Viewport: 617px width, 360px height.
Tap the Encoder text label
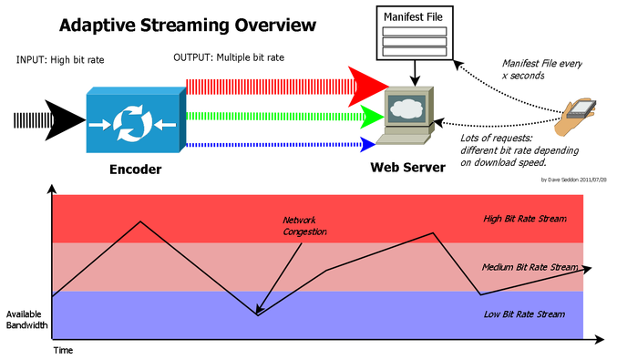coord(136,169)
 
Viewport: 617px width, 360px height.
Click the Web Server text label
coord(407,168)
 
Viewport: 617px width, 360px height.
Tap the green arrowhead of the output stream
coord(370,116)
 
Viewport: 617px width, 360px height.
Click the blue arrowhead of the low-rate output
coord(367,143)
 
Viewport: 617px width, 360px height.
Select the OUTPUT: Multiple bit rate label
coord(229,57)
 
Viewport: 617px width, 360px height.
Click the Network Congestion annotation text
coord(304,226)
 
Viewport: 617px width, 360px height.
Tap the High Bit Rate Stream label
coord(524,219)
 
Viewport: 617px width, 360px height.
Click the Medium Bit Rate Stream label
coord(530,267)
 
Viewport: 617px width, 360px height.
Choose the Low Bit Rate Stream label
coord(524,314)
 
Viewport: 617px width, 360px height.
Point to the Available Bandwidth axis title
coord(26,318)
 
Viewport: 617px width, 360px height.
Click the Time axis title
coord(62,349)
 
